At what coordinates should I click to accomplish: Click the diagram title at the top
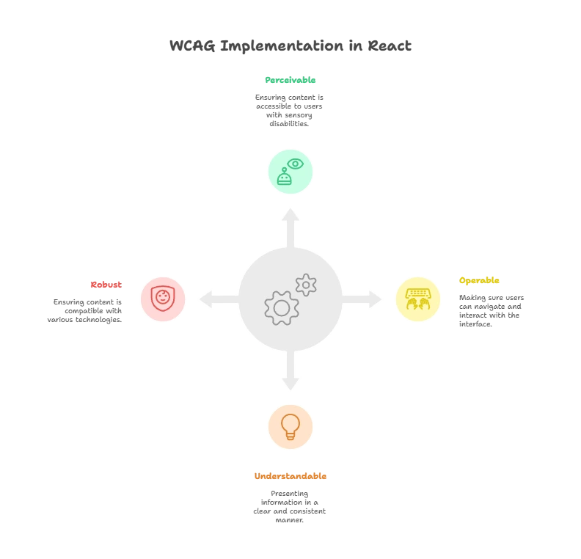290,45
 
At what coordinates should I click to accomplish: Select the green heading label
290,81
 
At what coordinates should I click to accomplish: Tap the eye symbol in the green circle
295,164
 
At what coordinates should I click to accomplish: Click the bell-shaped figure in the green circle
284,178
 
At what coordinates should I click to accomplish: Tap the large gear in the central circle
281,308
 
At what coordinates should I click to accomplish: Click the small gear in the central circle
306,285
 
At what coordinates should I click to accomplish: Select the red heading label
105,285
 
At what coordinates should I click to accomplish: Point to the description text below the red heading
87,310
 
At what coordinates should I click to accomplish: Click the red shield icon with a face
163,299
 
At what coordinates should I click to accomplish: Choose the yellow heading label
480,281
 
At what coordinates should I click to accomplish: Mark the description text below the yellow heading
492,310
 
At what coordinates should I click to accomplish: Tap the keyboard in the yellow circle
417,292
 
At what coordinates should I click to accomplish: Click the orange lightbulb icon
290,426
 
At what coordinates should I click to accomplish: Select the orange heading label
290,475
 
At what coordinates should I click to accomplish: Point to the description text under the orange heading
290,506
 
